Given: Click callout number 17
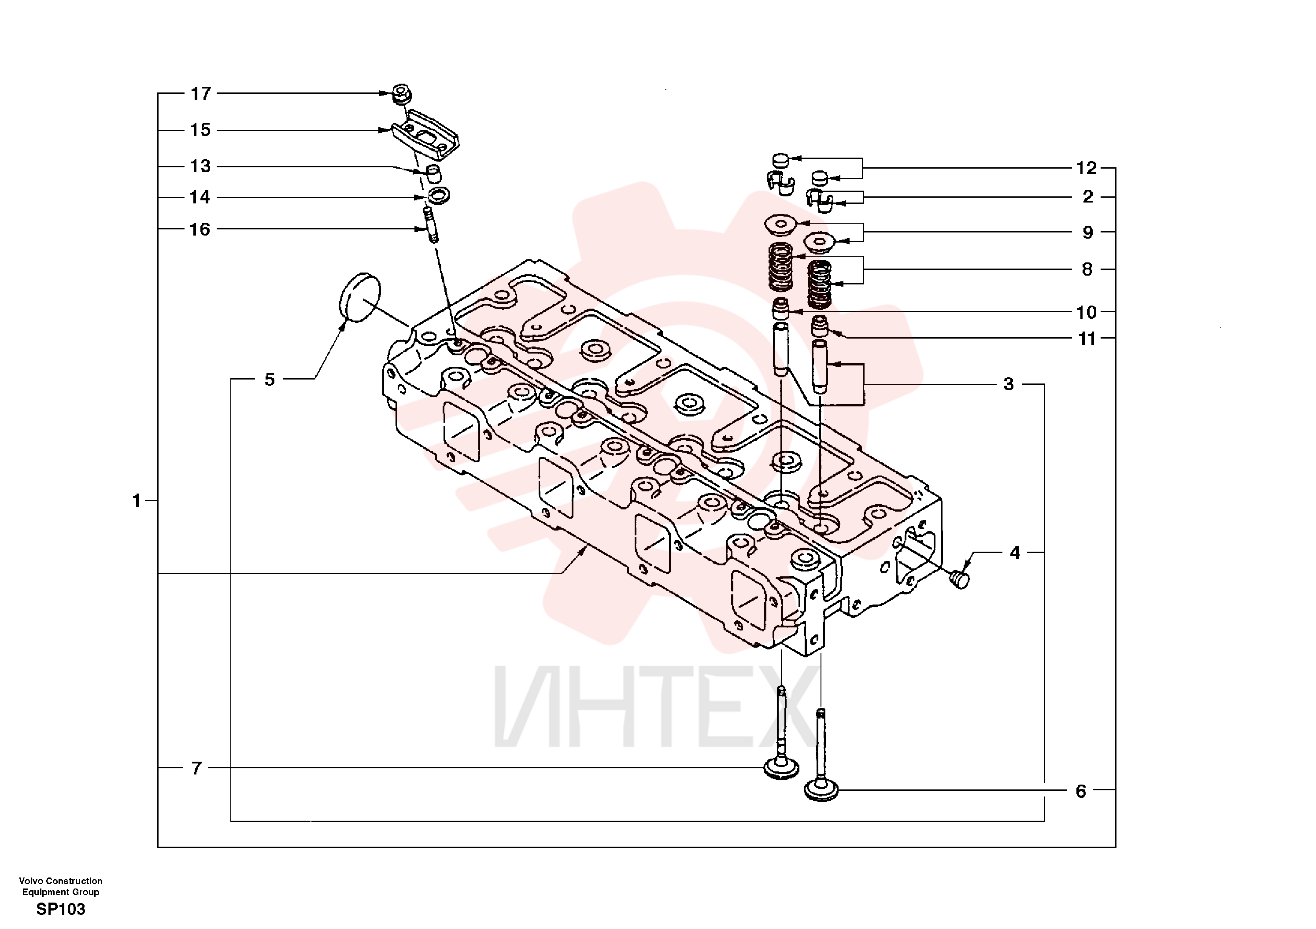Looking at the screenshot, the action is tap(200, 93).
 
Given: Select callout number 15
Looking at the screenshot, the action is tap(200, 130).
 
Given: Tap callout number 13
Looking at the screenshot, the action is tap(200, 166).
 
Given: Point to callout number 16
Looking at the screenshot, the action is tap(200, 229).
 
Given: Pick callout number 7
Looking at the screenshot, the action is tap(196, 767).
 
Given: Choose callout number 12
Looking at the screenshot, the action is tap(1086, 168).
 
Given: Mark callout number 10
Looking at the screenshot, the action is tap(1086, 312).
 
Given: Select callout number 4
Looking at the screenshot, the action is tap(1015, 553).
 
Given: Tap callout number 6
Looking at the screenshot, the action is tap(1080, 792).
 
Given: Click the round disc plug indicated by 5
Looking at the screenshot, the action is tap(360, 297).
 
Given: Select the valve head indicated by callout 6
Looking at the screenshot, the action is tap(821, 791).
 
